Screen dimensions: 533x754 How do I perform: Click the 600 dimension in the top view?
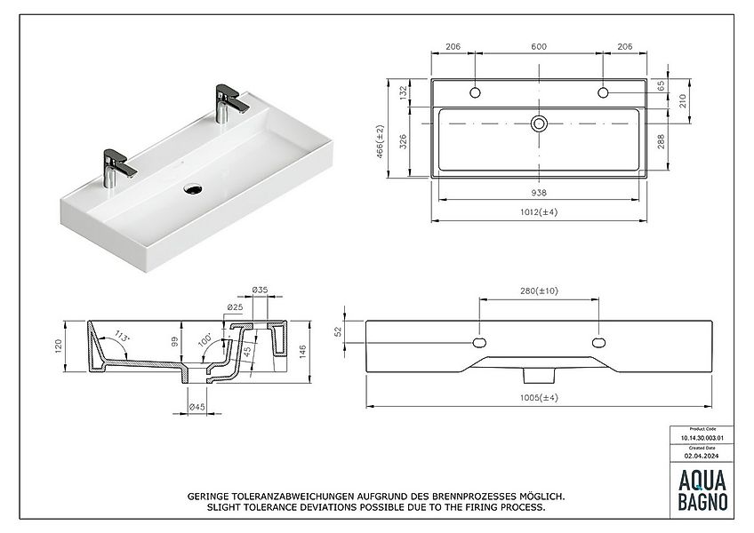[x=539, y=46]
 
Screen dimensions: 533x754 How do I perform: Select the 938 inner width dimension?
[x=539, y=191]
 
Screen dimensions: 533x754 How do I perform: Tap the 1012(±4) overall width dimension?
[x=539, y=211]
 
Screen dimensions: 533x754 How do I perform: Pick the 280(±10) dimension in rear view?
[x=538, y=290]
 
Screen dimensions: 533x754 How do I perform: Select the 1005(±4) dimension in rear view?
[x=539, y=397]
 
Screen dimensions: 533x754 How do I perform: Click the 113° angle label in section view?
[x=122, y=337]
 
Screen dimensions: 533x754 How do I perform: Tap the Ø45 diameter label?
[x=197, y=408]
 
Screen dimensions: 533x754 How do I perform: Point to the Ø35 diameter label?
[x=261, y=290]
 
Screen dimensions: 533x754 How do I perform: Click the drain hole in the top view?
[x=539, y=123]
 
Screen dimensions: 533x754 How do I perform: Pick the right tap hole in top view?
[x=603, y=92]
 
